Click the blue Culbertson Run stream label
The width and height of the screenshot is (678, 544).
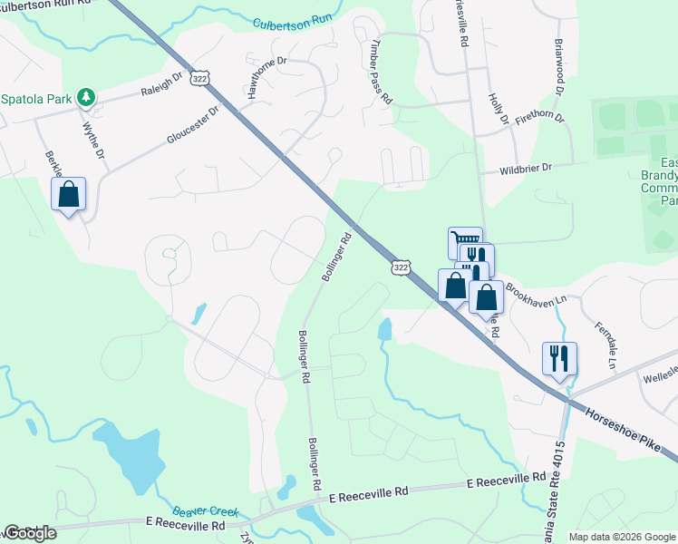[293, 20]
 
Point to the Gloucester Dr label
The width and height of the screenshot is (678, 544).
[193, 126]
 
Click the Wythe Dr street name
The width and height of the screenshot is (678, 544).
[93, 140]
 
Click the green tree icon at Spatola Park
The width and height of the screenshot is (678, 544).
[85, 96]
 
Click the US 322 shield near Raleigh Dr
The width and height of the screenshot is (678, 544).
[200, 79]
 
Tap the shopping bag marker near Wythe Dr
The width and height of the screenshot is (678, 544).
[68, 194]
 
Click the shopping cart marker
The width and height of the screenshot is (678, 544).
[464, 241]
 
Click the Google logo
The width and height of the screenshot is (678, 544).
[30, 533]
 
